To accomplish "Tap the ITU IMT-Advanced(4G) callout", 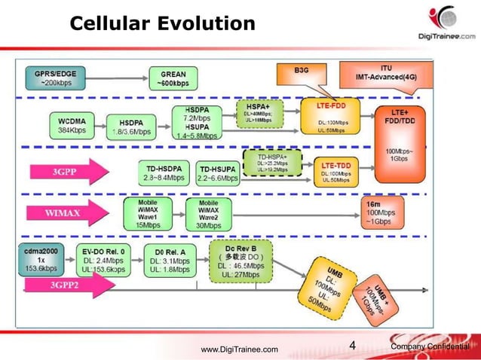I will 385,73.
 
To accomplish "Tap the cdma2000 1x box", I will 41,258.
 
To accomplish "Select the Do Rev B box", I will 241,261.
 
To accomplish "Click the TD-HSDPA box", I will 163,172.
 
